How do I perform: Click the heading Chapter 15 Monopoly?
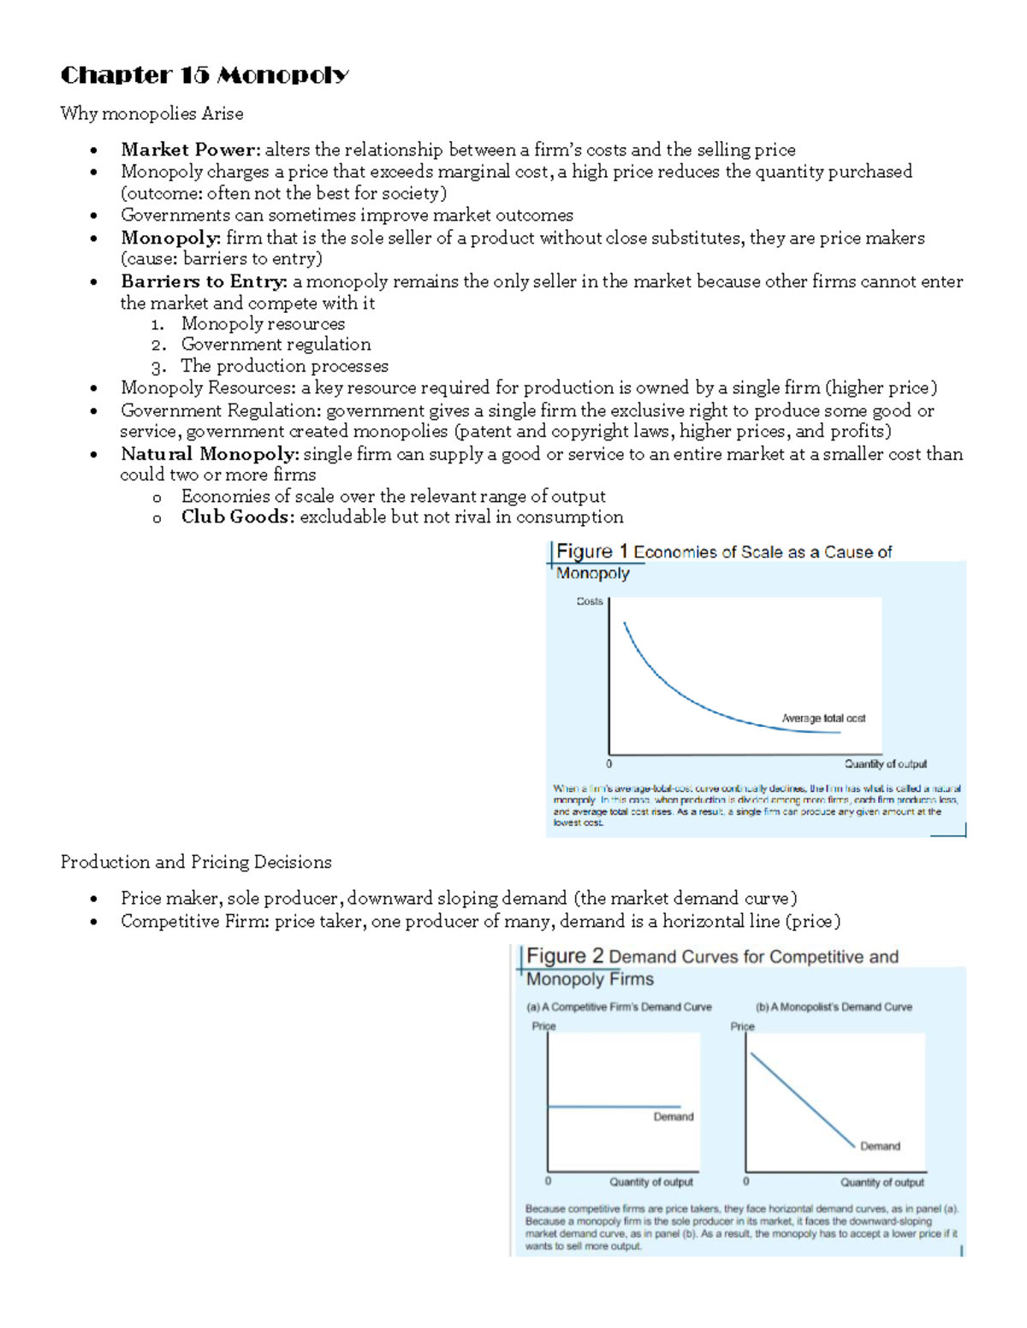click(x=204, y=75)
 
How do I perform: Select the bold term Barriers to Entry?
click(x=204, y=281)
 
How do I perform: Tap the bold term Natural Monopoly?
click(x=209, y=454)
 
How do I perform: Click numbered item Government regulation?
click(x=276, y=345)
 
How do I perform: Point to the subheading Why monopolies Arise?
click(x=151, y=114)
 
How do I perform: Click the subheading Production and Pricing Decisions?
click(x=196, y=862)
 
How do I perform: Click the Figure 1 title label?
click(x=591, y=552)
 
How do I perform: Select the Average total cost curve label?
click(x=823, y=718)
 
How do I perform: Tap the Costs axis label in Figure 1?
click(x=589, y=601)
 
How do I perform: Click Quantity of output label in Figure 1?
click(x=885, y=764)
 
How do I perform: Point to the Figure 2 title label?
click(x=565, y=956)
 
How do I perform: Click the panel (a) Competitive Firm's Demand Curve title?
click(x=619, y=1007)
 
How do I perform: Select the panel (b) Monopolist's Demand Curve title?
click(x=834, y=1007)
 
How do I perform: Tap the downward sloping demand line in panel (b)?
click(x=802, y=1100)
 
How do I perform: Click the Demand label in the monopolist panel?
click(x=880, y=1146)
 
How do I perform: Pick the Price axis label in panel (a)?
click(x=543, y=1026)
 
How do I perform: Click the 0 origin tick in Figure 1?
click(x=609, y=764)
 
